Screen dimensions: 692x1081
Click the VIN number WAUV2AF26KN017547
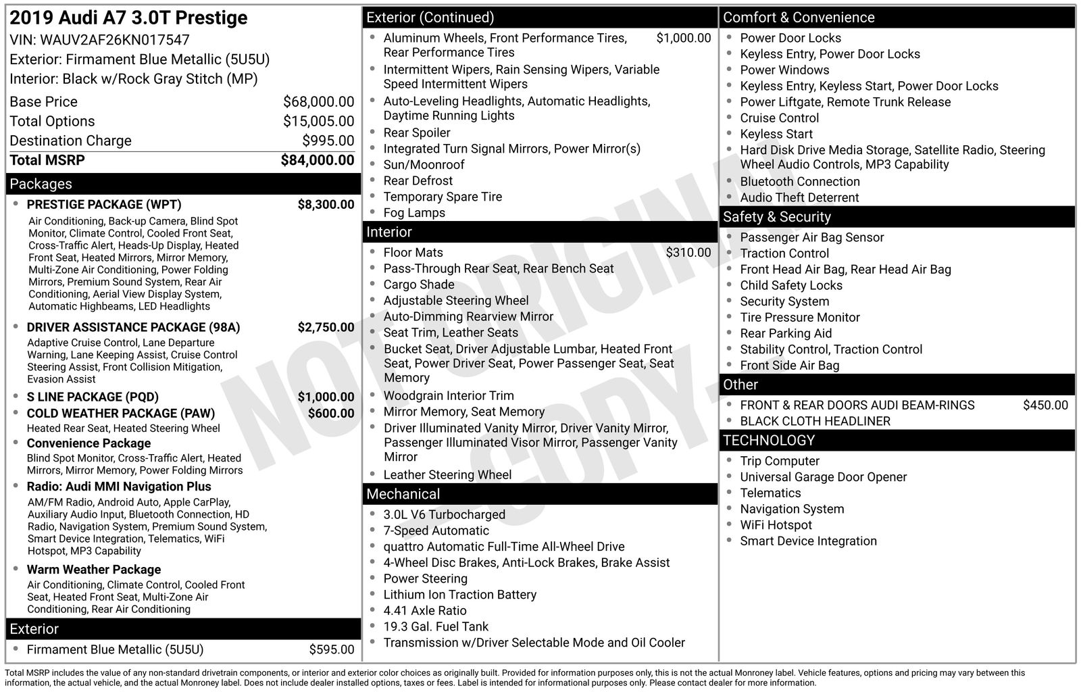[x=115, y=40]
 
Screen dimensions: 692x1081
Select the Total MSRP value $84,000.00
[x=317, y=160]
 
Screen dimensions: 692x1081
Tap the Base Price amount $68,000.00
[x=318, y=101]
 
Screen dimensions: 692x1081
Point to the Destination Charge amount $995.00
[x=328, y=141]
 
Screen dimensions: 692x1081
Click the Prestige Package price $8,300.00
[x=326, y=204]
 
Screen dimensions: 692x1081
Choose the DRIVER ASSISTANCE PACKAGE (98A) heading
[x=133, y=327]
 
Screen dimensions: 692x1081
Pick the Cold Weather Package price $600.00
[x=330, y=413]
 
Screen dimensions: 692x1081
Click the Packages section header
[x=41, y=184]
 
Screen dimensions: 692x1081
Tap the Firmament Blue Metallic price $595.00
[x=331, y=649]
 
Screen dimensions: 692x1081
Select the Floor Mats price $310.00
[x=688, y=252]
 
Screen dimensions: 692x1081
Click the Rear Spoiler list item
[x=416, y=132]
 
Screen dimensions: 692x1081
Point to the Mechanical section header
[x=403, y=494]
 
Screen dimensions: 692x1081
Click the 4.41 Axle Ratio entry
[x=424, y=610]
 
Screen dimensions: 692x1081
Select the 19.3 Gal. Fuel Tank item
[x=436, y=626]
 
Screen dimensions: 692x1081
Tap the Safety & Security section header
[x=776, y=217]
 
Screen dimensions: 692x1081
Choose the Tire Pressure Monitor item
[x=799, y=317]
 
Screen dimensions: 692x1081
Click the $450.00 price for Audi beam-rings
[x=1045, y=405]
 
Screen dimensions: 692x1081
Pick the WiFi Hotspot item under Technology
[x=776, y=524]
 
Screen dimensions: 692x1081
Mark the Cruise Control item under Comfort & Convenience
[x=779, y=118]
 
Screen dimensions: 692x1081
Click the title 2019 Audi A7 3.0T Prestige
[x=128, y=18]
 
